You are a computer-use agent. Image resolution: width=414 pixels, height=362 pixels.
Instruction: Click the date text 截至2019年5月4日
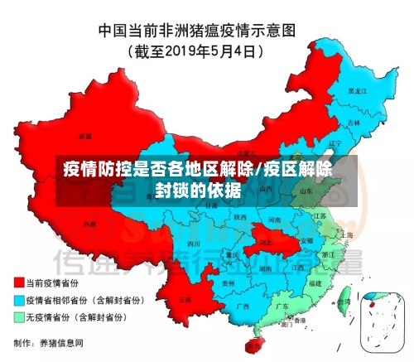(196, 51)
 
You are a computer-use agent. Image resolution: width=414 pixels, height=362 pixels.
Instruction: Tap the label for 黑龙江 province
(357, 89)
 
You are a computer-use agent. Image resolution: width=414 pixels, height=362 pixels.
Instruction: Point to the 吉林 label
(354, 122)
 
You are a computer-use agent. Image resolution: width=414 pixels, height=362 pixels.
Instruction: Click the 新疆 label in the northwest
(85, 135)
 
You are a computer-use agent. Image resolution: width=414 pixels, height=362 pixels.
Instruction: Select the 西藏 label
(89, 224)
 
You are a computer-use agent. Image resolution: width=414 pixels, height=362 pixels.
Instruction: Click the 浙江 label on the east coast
(328, 254)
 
